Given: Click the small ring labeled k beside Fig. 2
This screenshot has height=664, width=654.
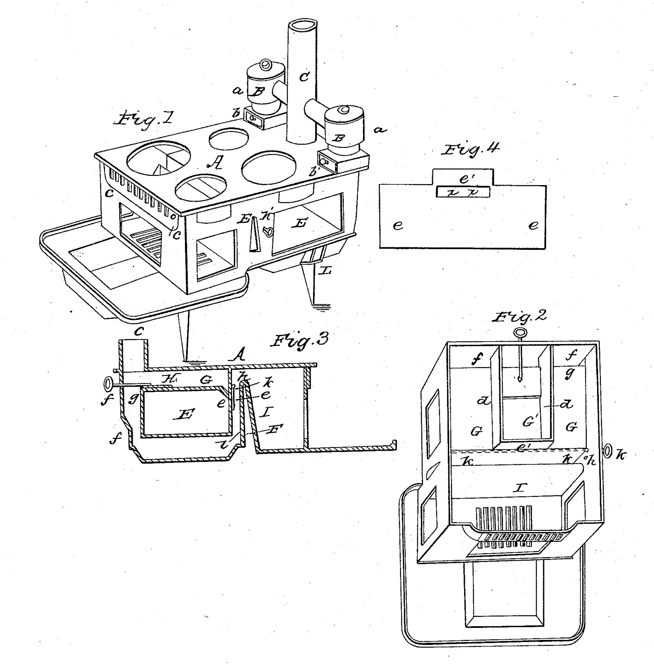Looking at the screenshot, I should click(x=608, y=450).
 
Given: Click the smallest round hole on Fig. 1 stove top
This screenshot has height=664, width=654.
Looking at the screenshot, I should click(x=229, y=139).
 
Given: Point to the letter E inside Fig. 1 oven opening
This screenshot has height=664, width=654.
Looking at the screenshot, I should click(x=300, y=223).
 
